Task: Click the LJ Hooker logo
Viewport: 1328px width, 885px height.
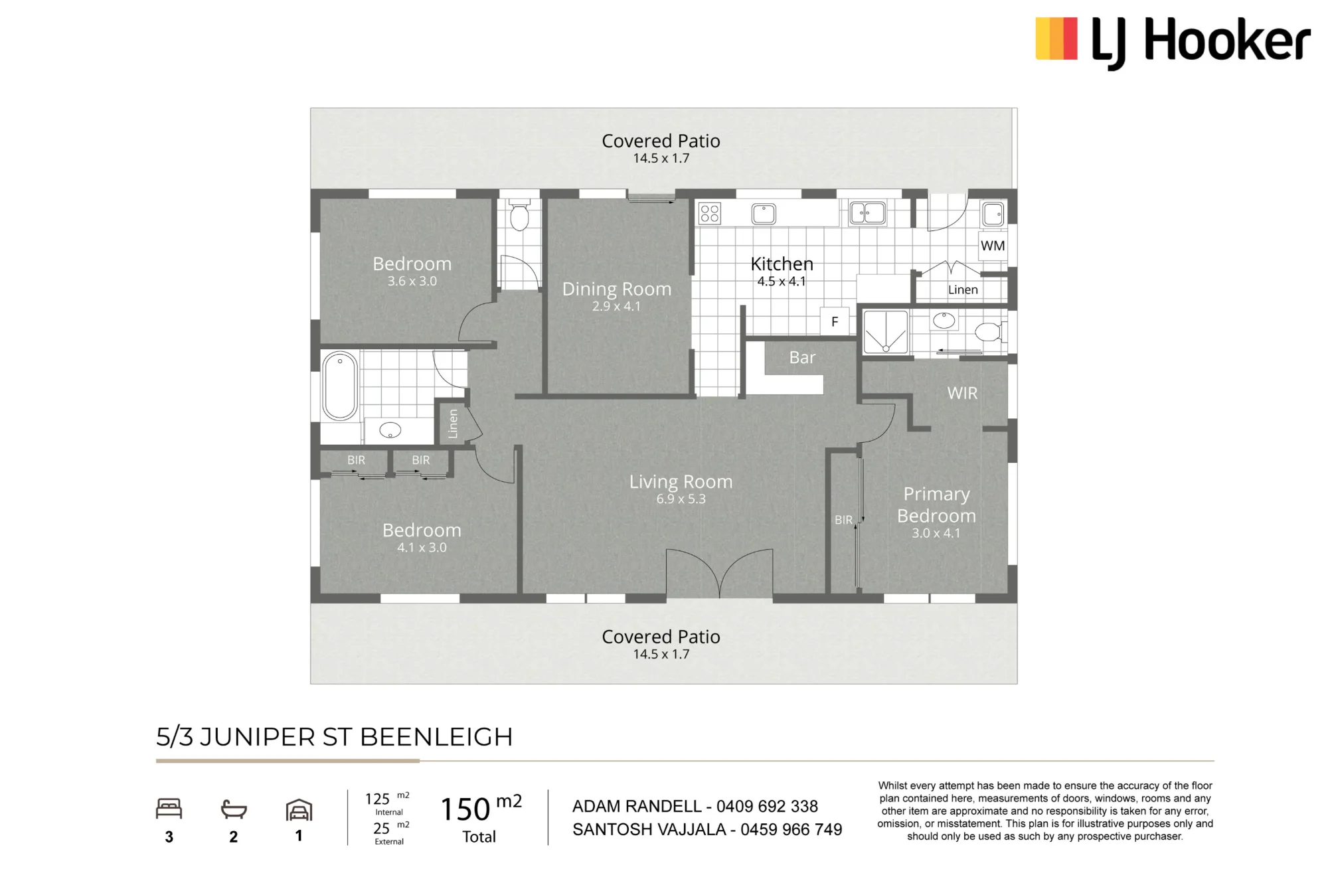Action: pyautogui.click(x=1173, y=42)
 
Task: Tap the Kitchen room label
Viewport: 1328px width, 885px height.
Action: pyautogui.click(x=782, y=264)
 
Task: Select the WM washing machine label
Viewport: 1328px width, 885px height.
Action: pyautogui.click(x=993, y=246)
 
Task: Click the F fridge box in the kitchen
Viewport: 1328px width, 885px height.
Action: pyautogui.click(x=835, y=321)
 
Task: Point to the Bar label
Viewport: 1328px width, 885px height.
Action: pyautogui.click(x=802, y=357)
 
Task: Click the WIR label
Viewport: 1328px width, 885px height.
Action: pyautogui.click(x=962, y=393)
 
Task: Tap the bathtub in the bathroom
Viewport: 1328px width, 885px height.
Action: pyautogui.click(x=340, y=386)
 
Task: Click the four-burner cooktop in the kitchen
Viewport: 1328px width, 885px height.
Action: pyautogui.click(x=710, y=213)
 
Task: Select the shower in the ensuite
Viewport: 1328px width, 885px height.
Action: pyautogui.click(x=885, y=332)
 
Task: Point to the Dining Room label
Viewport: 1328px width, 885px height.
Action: pyautogui.click(x=617, y=289)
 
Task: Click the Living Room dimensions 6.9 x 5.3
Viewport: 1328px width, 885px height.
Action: pyautogui.click(x=681, y=499)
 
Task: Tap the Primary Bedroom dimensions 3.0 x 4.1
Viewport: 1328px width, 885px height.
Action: pyautogui.click(x=936, y=533)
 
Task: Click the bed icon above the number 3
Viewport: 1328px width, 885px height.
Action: pyautogui.click(x=169, y=809)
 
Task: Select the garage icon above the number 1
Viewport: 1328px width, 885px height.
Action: pyautogui.click(x=299, y=810)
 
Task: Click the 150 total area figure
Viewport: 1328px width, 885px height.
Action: pyautogui.click(x=465, y=809)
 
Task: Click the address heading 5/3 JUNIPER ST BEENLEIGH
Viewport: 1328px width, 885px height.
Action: pyautogui.click(x=335, y=737)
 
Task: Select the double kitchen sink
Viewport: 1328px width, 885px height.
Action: pyautogui.click(x=867, y=213)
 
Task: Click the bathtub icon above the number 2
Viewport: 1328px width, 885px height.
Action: pyautogui.click(x=234, y=809)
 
